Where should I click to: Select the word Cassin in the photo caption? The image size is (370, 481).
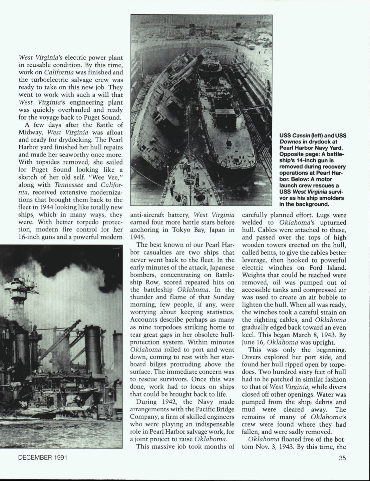[x=300, y=135]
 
